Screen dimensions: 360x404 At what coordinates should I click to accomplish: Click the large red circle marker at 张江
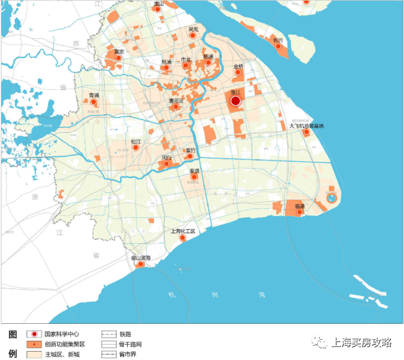point(235,101)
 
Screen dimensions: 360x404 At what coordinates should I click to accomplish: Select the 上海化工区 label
point(183,231)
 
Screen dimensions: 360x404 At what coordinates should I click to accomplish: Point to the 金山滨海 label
point(141,258)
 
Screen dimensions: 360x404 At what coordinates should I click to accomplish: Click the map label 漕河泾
point(176,101)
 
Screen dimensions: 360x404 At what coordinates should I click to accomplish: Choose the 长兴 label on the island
point(277,40)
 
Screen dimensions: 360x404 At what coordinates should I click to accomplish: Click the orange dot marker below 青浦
point(93,102)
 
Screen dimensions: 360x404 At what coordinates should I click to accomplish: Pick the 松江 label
point(136,142)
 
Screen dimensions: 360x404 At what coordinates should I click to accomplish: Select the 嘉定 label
point(119,52)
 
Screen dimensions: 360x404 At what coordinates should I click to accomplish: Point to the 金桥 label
point(238,66)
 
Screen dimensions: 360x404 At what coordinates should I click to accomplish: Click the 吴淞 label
point(193,29)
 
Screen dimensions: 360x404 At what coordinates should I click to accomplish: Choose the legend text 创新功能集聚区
point(66,344)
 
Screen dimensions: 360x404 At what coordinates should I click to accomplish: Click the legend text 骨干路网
point(131,344)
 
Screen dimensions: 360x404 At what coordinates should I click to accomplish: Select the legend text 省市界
point(128,354)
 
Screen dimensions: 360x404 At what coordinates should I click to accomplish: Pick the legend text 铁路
point(125,334)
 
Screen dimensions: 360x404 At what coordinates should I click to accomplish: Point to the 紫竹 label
point(190,150)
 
